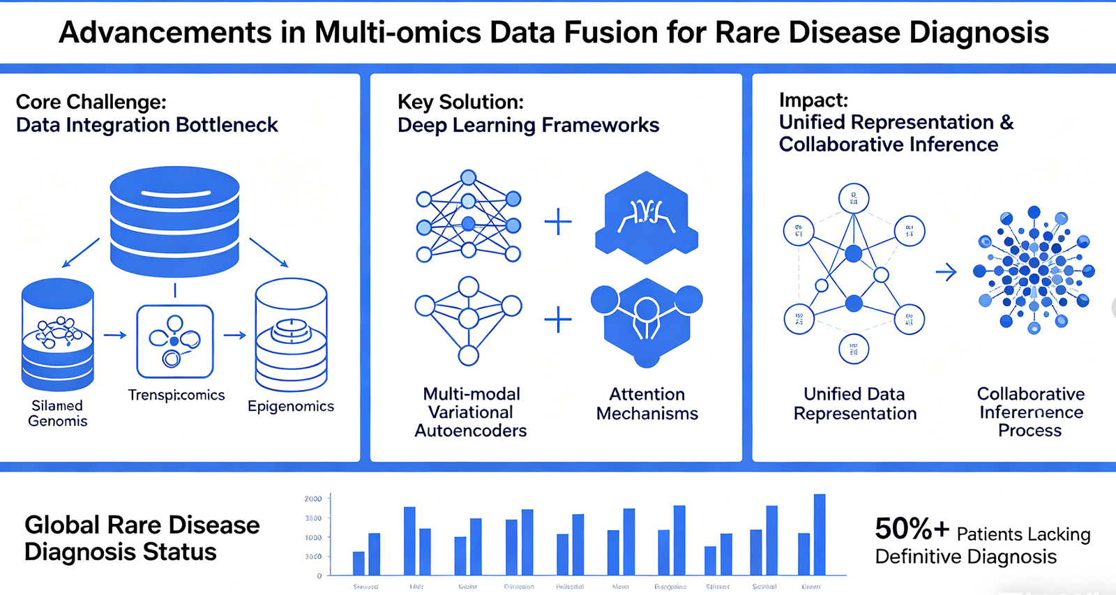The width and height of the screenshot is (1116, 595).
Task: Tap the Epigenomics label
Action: click(291, 406)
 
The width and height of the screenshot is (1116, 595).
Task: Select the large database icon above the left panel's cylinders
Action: click(175, 221)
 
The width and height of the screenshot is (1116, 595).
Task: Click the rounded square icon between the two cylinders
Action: click(175, 341)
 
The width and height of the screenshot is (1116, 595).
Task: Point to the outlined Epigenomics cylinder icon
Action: click(291, 335)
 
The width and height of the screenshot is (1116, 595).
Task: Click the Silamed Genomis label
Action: click(58, 413)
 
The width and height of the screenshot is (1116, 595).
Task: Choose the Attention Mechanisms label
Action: click(647, 404)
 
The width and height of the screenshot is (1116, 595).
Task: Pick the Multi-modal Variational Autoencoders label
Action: click(471, 412)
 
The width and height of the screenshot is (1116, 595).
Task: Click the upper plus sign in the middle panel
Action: click(558, 223)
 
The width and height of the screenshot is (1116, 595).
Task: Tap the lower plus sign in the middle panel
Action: click(558, 320)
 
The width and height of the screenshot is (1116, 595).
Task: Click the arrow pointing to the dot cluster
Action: click(946, 272)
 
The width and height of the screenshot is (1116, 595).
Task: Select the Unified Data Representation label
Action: click(855, 404)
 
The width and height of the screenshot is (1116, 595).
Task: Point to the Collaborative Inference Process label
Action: click(1031, 412)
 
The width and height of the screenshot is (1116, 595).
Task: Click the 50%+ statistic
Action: click(912, 529)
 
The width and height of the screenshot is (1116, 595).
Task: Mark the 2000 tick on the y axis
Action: click(313, 499)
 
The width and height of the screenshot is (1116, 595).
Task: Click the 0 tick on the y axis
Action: click(319, 576)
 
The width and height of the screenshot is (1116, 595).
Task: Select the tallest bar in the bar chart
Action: click(820, 535)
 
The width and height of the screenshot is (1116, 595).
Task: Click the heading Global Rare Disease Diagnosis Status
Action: click(142, 538)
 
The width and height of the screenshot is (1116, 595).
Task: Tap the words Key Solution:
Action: click(460, 102)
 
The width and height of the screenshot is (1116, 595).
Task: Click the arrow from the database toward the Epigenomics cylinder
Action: click(269, 253)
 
